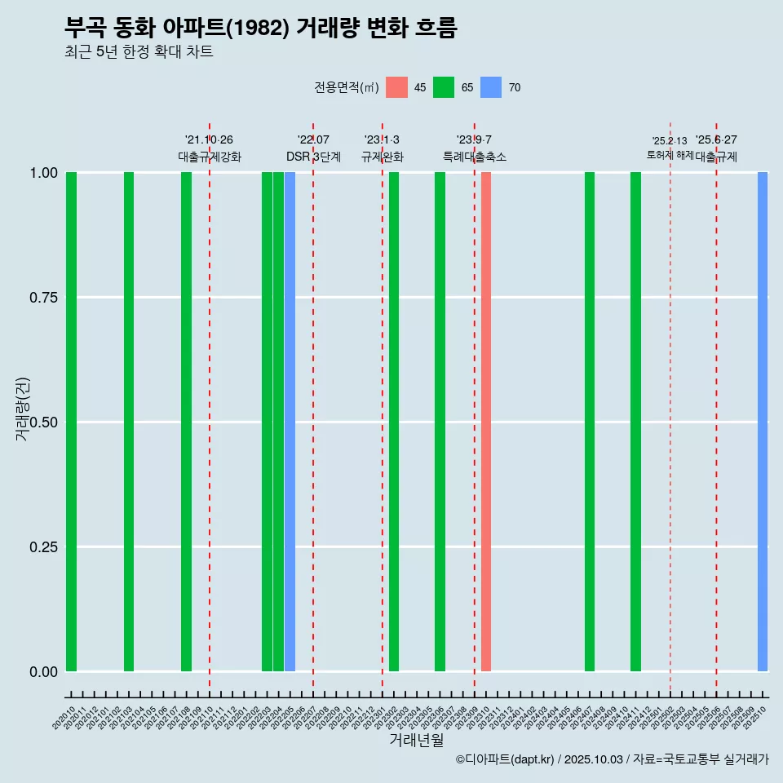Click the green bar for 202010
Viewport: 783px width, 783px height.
click(x=71, y=422)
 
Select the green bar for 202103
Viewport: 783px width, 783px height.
click(x=129, y=422)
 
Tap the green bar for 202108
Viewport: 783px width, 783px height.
click(x=186, y=422)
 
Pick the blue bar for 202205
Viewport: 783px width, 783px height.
click(x=290, y=422)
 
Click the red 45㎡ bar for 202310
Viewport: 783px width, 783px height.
click(x=486, y=422)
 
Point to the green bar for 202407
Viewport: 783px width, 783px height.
click(x=590, y=422)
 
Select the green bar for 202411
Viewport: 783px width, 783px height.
click(x=635, y=422)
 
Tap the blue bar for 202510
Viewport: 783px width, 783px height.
click(x=763, y=422)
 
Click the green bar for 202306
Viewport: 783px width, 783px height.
click(x=440, y=422)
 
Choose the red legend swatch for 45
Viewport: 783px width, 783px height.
click(x=396, y=87)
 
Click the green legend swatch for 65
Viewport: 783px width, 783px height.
click(x=444, y=87)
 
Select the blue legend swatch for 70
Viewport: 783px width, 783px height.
click(x=491, y=87)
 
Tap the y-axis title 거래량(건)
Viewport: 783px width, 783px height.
click(x=22, y=409)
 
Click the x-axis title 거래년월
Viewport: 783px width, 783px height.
click(x=416, y=741)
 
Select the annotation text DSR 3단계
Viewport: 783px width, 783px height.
click(x=313, y=157)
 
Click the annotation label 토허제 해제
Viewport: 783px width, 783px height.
click(x=670, y=154)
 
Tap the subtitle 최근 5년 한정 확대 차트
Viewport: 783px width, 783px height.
click(x=139, y=52)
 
